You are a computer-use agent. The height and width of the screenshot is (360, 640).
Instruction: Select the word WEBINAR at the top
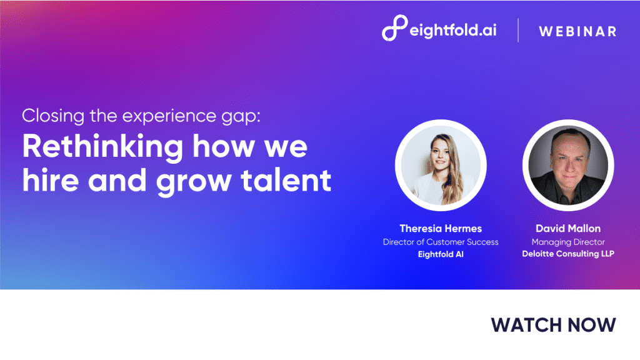point(577,31)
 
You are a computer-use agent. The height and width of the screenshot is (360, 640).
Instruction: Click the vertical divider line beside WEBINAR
point(518,30)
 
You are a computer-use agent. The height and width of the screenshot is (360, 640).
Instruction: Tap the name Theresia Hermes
point(441,229)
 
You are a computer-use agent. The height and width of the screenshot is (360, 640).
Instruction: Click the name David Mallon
point(568,229)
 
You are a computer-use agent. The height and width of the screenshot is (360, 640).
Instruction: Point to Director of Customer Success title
point(441,242)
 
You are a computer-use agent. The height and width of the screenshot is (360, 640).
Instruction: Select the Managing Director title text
point(568,242)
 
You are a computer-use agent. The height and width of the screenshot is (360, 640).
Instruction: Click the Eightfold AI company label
point(441,254)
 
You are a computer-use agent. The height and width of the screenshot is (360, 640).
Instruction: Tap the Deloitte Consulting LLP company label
point(568,254)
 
